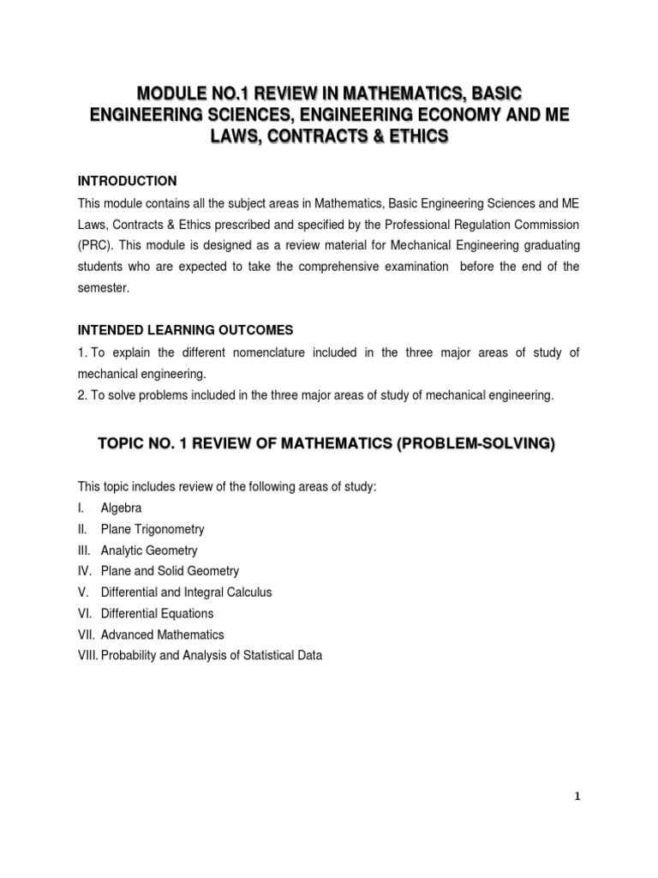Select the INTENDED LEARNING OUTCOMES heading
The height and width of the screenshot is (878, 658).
pyautogui.click(x=185, y=330)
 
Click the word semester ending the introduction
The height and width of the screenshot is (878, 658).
pyautogui.click(x=103, y=288)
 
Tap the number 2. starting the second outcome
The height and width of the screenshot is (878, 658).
pyautogui.click(x=83, y=395)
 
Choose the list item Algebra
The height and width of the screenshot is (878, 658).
pyautogui.click(x=121, y=508)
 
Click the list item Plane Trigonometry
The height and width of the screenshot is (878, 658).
pyautogui.click(x=153, y=529)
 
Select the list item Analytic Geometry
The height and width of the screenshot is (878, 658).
pyautogui.click(x=149, y=550)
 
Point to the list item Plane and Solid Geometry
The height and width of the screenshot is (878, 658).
pyautogui.click(x=170, y=571)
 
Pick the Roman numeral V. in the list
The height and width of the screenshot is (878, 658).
pyautogui.click(x=83, y=592)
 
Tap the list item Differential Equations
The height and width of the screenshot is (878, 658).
pyautogui.click(x=157, y=614)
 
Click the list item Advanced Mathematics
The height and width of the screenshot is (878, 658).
pyautogui.click(x=162, y=634)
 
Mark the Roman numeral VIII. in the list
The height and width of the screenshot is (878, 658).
pyautogui.click(x=87, y=656)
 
